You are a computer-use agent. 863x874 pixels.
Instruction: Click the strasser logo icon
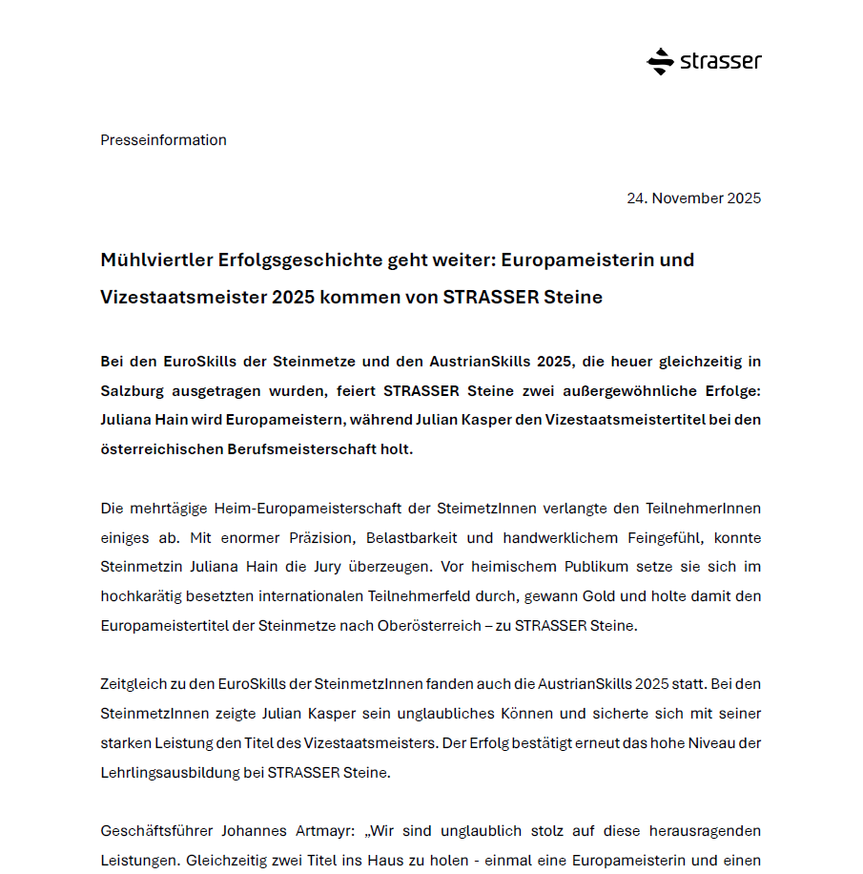point(660,62)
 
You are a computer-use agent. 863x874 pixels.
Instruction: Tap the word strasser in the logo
point(721,62)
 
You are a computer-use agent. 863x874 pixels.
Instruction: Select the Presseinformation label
point(163,140)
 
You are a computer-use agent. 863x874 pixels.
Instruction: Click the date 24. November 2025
point(693,198)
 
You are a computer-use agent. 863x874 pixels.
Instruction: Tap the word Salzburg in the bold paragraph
point(134,391)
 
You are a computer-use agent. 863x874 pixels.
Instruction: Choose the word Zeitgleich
point(135,684)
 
